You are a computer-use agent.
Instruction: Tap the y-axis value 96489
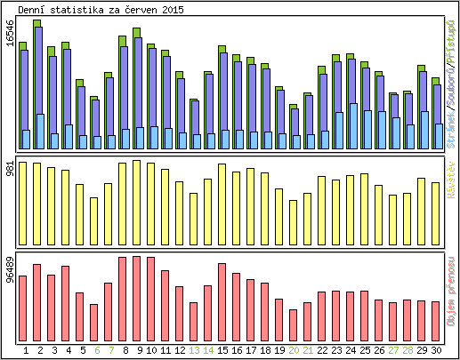[x=11, y=271]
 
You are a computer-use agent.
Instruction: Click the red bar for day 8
[x=122, y=297]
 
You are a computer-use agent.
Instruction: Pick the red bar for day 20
[x=294, y=324]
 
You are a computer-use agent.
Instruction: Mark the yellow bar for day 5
[x=79, y=213]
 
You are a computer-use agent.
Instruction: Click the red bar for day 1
[x=22, y=307]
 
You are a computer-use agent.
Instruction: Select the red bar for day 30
[x=436, y=319]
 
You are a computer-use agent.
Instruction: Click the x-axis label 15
[x=222, y=350]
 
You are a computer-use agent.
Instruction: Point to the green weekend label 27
[x=393, y=350]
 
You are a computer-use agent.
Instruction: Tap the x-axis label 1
[x=23, y=350]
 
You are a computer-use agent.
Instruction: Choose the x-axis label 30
[x=436, y=350]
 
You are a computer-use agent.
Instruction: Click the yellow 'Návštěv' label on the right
[x=451, y=174]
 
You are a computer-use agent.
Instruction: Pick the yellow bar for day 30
[x=436, y=212]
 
